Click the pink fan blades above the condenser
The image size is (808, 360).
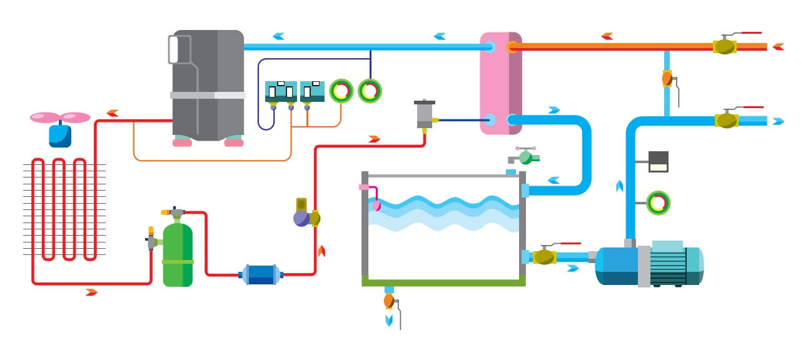click(61, 117)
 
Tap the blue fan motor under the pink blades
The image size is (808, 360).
click(60, 135)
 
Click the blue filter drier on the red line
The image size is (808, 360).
click(261, 274)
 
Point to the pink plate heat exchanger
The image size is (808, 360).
click(500, 82)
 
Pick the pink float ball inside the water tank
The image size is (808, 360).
click(376, 205)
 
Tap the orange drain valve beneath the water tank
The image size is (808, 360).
click(389, 301)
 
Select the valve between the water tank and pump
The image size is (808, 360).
click(544, 256)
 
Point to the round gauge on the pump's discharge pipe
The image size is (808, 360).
click(657, 203)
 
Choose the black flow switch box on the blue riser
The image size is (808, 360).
click(658, 161)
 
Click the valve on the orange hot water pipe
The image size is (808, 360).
click(724, 46)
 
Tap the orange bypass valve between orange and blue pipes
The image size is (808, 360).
click(667, 79)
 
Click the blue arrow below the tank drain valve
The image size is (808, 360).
click(389, 320)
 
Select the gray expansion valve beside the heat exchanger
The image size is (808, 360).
click(424, 114)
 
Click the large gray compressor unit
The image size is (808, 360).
click(207, 84)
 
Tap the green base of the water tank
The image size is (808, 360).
click(443, 282)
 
